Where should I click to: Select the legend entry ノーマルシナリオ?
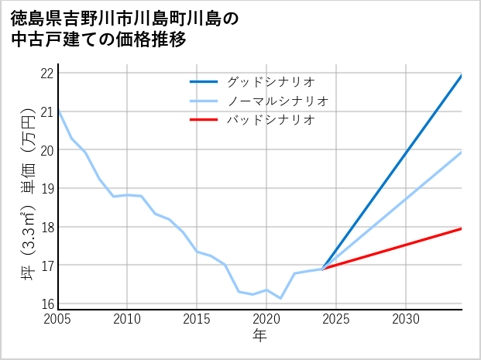tap(278, 101)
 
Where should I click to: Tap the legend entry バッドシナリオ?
tap(270, 120)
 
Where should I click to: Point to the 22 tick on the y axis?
tap(46, 74)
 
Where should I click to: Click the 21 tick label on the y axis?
tap(46, 112)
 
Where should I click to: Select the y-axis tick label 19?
tap(46, 189)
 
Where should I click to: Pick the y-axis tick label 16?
tap(46, 304)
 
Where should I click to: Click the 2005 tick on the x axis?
tap(57, 319)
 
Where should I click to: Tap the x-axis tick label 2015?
tap(197, 319)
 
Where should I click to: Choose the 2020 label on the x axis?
tap(266, 319)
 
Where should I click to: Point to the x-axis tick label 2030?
tap(406, 319)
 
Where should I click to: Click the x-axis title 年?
tap(259, 335)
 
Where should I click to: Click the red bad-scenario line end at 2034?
tap(462, 228)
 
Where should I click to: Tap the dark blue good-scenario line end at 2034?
tap(462, 75)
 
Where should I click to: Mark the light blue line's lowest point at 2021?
tap(280, 298)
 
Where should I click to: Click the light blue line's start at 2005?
tap(58, 111)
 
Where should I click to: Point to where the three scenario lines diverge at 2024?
tap(322, 269)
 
